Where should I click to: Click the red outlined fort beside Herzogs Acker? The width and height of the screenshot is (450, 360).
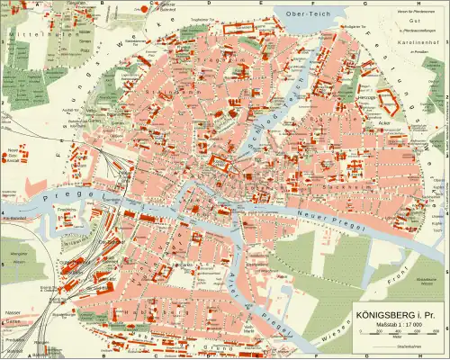(x=387, y=101)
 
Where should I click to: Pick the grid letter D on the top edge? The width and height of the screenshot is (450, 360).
(x=209, y=3)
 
